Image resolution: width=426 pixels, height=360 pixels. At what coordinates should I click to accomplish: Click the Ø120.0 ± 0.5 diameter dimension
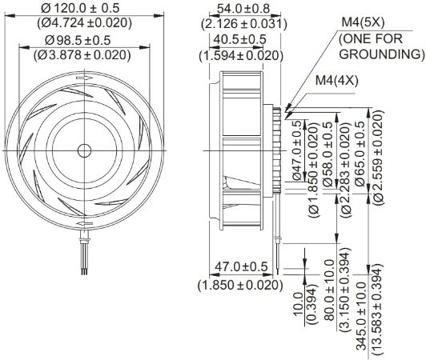click(80, 8)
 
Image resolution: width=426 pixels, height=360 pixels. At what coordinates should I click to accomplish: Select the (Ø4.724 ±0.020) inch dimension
click(85, 23)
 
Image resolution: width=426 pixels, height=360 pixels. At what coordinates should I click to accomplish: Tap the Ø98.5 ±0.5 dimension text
click(78, 40)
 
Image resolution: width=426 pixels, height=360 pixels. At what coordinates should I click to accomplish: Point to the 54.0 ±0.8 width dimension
click(243, 9)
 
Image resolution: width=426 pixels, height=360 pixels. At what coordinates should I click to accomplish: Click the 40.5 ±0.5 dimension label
click(239, 40)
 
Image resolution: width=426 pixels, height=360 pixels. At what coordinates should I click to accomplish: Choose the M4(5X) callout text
click(363, 22)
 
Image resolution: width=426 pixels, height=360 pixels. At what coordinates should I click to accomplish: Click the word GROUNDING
click(382, 54)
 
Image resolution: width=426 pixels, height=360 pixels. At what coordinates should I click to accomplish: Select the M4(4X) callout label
click(336, 80)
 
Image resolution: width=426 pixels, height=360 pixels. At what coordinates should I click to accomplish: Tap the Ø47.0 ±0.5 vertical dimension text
click(296, 150)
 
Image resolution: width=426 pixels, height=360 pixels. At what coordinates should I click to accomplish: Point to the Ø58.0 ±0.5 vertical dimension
click(328, 154)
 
